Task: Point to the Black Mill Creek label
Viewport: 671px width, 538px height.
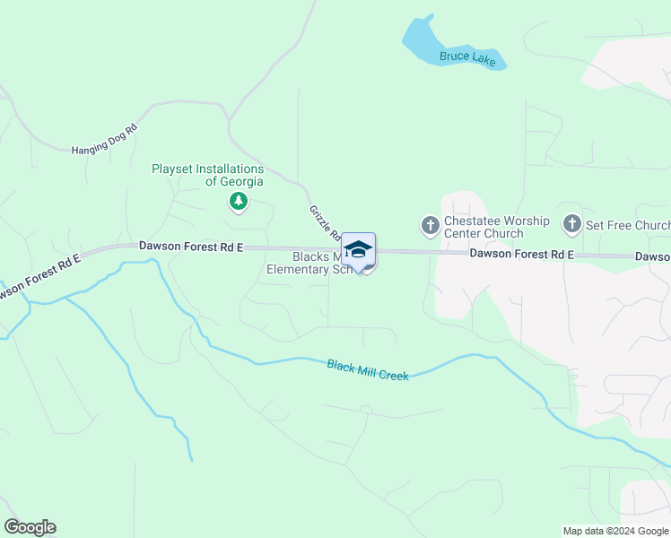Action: (368, 369)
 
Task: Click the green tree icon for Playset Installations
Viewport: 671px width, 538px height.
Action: (239, 202)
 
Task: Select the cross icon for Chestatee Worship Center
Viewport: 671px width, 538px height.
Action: (431, 224)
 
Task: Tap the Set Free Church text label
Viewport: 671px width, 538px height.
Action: (628, 225)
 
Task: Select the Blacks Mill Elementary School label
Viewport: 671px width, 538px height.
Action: (305, 263)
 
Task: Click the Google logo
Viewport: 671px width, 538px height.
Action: (30, 527)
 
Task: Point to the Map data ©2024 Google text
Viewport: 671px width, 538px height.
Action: (615, 531)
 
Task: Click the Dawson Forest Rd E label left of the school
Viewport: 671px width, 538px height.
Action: (191, 246)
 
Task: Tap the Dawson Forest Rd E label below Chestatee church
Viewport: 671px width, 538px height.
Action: (521, 255)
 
